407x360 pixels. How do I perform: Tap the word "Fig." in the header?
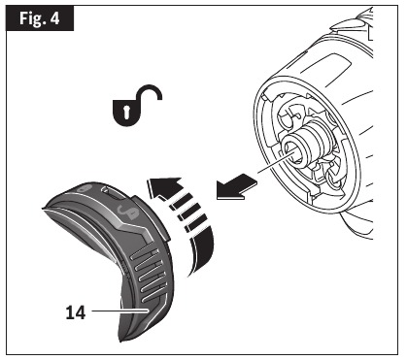[29, 18]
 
